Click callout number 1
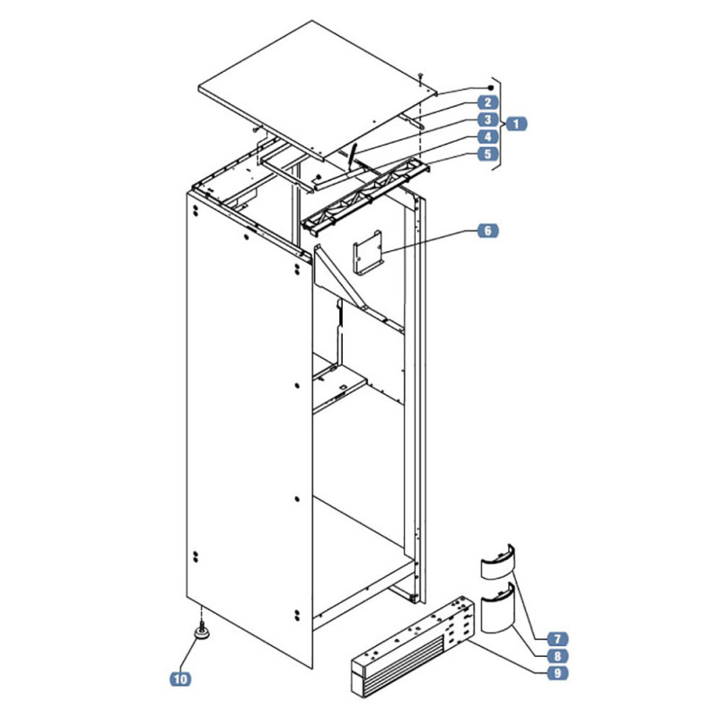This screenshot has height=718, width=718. tap(516, 124)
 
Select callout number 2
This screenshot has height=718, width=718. tap(487, 102)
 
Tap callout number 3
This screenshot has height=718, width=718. tap(487, 119)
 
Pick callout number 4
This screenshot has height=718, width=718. tap(487, 136)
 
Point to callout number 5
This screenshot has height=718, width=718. tap(487, 153)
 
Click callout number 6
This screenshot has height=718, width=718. tap(487, 231)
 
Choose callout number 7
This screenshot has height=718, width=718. tap(557, 639)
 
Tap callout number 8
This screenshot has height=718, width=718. tap(557, 656)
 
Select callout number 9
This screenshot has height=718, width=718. tap(557, 673)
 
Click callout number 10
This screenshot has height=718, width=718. tap(180, 679)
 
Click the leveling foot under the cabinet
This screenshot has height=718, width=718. tap(202, 632)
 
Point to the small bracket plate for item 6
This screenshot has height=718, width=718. tap(368, 252)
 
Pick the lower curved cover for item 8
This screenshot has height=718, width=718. tap(498, 609)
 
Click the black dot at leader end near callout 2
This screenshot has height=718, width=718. tap(491, 87)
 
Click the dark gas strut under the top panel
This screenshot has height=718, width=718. tap(352, 155)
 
